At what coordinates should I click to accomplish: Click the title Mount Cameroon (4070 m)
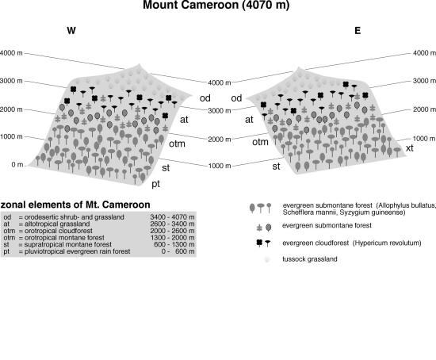(x=216, y=5)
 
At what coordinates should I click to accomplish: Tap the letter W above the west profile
(x=71, y=30)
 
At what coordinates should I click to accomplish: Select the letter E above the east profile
(x=358, y=30)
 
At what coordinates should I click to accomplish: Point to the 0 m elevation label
(x=17, y=164)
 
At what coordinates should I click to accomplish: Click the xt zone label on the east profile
(x=410, y=148)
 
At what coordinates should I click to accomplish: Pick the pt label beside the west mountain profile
(x=155, y=184)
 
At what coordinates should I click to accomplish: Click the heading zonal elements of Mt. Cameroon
(x=75, y=205)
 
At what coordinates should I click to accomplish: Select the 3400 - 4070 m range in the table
(x=172, y=217)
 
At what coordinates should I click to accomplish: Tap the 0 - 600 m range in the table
(x=178, y=251)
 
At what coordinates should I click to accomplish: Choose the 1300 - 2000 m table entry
(x=172, y=238)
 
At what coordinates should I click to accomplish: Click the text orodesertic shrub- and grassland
(x=75, y=217)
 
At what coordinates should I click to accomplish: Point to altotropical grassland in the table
(x=57, y=224)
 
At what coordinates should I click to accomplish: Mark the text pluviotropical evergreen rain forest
(x=78, y=251)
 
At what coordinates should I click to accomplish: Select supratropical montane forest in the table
(x=68, y=244)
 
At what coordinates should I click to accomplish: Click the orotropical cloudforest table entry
(x=59, y=231)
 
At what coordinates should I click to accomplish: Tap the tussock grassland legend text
(x=310, y=259)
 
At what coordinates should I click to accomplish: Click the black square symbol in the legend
(x=259, y=243)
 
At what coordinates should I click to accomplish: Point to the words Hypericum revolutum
(x=387, y=243)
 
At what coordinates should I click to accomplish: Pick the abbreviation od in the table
(x=7, y=217)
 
